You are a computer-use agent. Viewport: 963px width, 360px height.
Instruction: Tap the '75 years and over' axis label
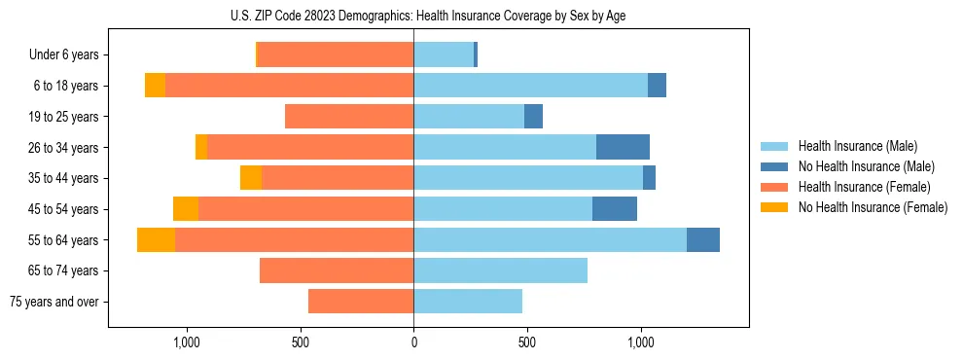(54, 302)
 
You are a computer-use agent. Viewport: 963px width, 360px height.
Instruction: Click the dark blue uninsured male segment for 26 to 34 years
(623, 147)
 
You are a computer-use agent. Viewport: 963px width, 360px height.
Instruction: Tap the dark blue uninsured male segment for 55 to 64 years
(702, 239)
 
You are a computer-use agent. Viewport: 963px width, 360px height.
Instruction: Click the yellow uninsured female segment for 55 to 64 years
(156, 239)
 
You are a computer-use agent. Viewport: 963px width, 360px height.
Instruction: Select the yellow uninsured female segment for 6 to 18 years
(155, 86)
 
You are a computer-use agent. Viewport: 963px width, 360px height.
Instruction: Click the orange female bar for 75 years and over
(361, 302)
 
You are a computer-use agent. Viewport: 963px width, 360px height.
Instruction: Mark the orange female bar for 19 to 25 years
(349, 117)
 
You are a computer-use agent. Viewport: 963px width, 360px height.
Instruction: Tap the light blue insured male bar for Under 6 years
(444, 55)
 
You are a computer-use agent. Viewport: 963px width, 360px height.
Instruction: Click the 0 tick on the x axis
(413, 342)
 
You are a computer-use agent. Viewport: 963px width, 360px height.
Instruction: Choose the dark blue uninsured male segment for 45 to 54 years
(614, 209)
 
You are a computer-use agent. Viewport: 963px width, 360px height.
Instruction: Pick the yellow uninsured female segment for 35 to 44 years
(251, 178)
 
